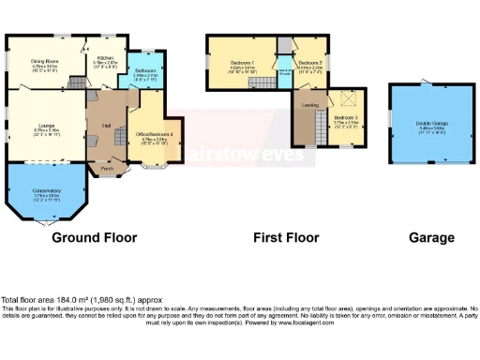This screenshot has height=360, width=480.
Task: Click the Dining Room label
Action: [46, 60]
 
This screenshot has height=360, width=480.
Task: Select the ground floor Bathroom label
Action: [144, 70]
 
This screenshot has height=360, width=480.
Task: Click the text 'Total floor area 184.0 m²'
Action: [56, 300]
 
